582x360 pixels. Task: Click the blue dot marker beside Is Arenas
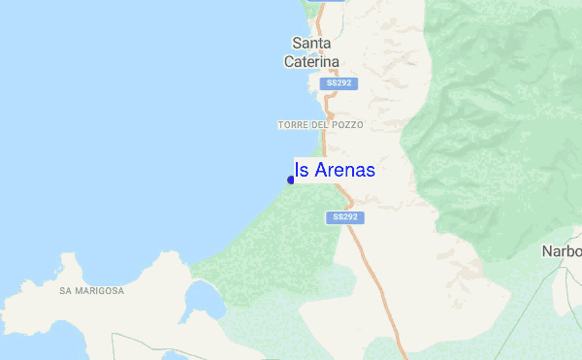pos(291,180)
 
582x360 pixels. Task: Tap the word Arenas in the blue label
pos(343,170)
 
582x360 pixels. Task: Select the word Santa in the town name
pos(311,43)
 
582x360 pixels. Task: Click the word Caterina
pos(311,61)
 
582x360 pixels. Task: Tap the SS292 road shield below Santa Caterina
pos(339,83)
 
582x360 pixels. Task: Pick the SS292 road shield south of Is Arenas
pos(344,217)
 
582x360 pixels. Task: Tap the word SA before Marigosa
pos(65,290)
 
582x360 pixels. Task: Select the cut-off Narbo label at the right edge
pos(562,251)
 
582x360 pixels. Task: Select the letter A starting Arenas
pos(319,170)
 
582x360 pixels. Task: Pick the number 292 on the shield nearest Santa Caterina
pos(344,83)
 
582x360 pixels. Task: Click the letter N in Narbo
pos(547,251)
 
